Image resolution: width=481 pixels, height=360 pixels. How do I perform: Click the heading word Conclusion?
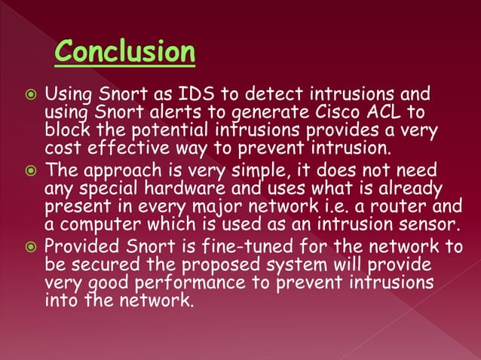[125, 52]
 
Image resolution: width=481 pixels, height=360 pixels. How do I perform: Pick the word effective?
[115, 145]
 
